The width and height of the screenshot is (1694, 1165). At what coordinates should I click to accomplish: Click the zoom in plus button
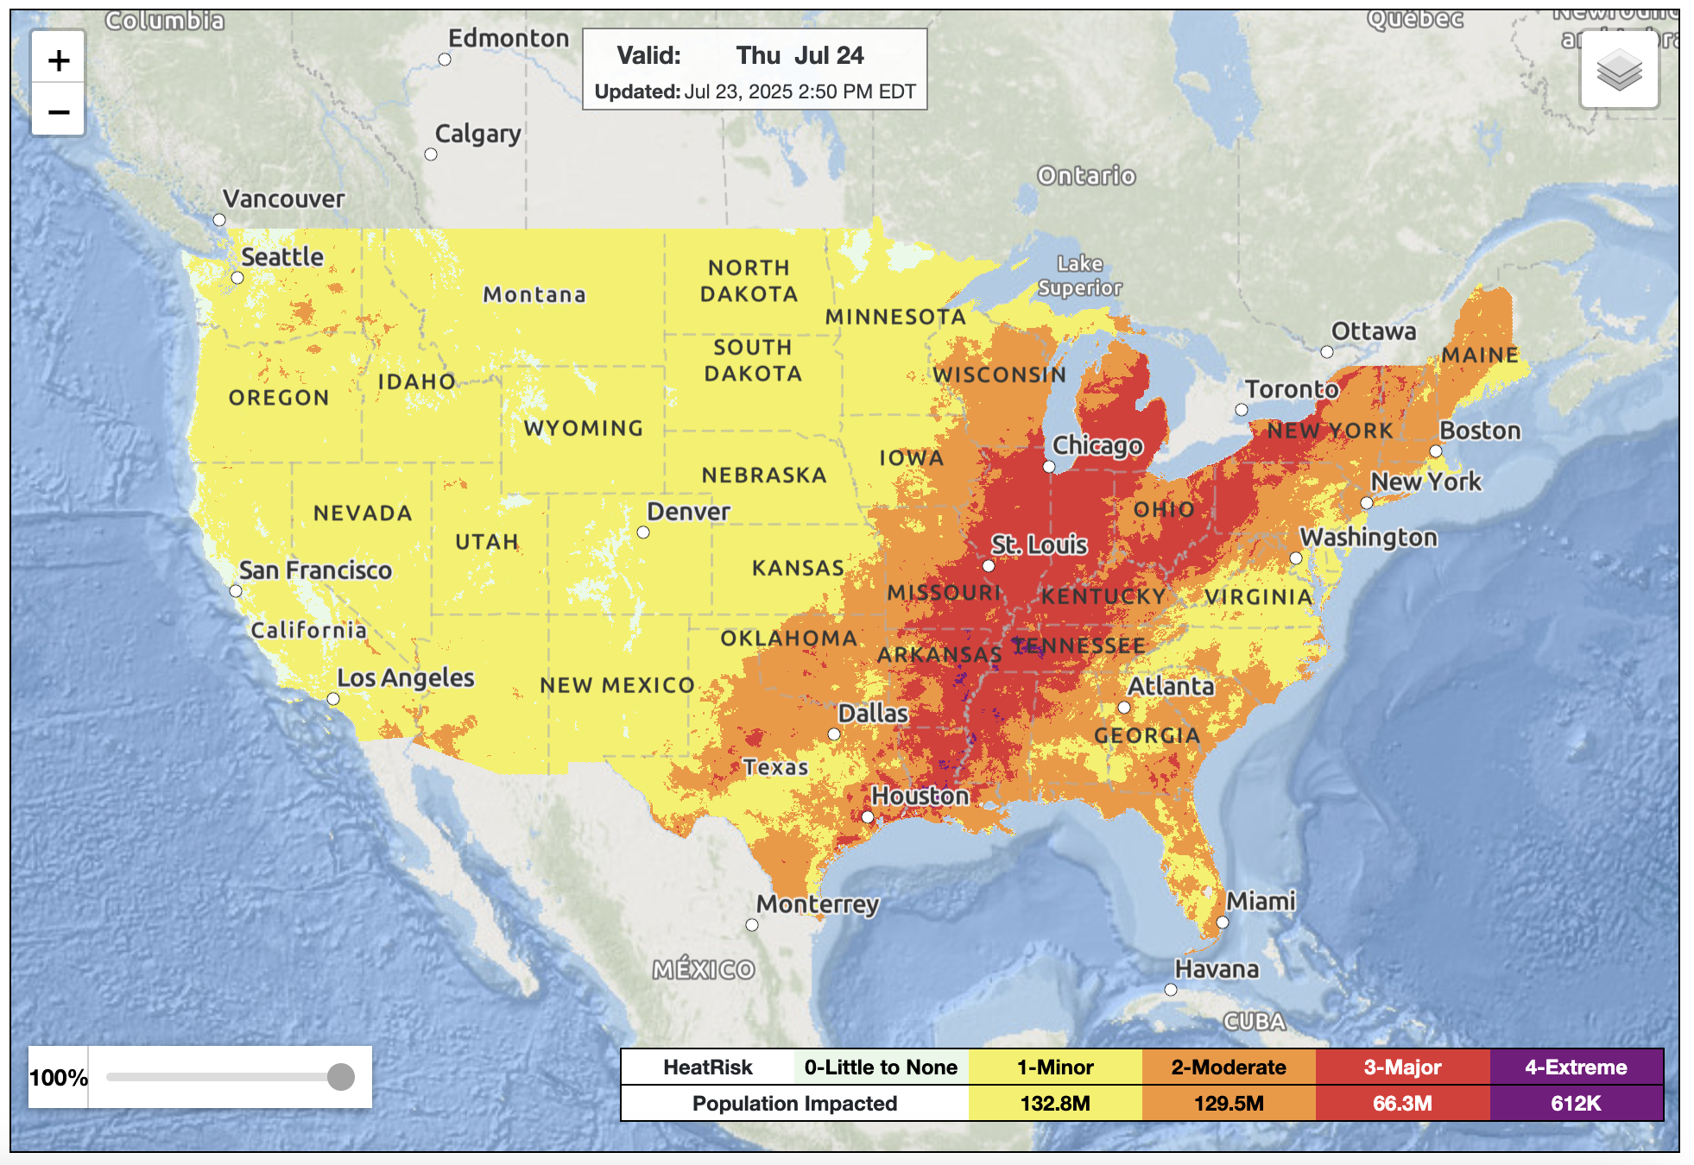point(59,60)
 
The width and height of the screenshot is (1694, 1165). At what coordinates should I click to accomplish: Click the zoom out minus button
point(59,112)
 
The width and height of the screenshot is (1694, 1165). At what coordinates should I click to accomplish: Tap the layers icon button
point(1619,70)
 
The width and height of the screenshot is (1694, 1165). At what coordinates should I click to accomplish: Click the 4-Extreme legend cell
point(1576,1067)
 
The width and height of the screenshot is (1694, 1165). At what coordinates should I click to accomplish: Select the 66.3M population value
point(1402,1104)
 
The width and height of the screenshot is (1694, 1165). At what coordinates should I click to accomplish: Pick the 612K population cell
point(1576,1104)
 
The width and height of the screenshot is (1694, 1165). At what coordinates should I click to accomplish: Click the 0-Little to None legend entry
point(881,1067)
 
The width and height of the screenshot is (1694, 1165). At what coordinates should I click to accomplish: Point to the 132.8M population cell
point(1055,1104)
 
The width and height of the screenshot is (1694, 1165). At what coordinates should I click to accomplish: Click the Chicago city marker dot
point(1049,467)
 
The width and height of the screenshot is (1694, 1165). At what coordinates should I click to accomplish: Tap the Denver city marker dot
point(643,532)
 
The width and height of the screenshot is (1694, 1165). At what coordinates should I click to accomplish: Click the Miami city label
point(1261,901)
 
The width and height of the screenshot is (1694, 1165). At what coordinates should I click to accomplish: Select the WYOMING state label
point(584,428)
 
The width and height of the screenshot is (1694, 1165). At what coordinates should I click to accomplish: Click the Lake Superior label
point(1079,275)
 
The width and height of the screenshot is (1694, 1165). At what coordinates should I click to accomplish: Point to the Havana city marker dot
point(1171,990)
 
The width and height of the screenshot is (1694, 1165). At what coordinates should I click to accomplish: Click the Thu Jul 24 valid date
point(800,55)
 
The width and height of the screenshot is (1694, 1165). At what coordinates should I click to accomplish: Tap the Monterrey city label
point(818,904)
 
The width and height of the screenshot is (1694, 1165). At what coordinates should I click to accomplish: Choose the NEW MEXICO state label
point(617,685)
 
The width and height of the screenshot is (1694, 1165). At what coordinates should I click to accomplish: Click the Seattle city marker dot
point(237,278)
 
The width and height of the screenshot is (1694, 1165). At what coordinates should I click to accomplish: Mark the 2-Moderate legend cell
point(1229,1067)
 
